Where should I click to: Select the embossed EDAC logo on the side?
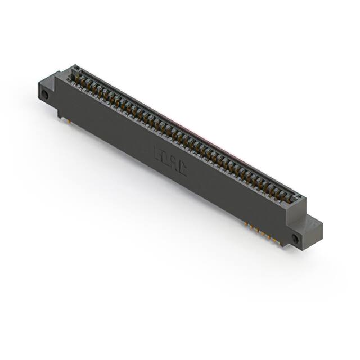[170, 161]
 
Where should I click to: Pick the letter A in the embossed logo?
[174, 163]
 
